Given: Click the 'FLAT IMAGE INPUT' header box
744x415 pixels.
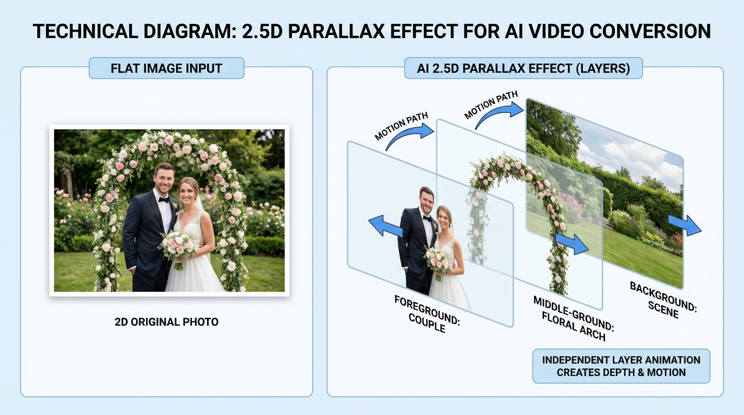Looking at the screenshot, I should (167, 69).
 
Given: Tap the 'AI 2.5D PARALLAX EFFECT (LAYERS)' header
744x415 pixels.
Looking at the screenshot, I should (523, 69).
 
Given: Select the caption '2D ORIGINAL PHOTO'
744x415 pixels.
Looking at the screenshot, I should (167, 322).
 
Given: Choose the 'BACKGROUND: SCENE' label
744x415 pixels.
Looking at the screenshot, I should (663, 300).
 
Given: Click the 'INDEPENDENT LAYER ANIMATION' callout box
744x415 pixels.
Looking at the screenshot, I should (621, 366).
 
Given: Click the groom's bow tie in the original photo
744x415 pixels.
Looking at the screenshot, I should (164, 199).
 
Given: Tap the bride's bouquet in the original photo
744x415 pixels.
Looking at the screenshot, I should (178, 246).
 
